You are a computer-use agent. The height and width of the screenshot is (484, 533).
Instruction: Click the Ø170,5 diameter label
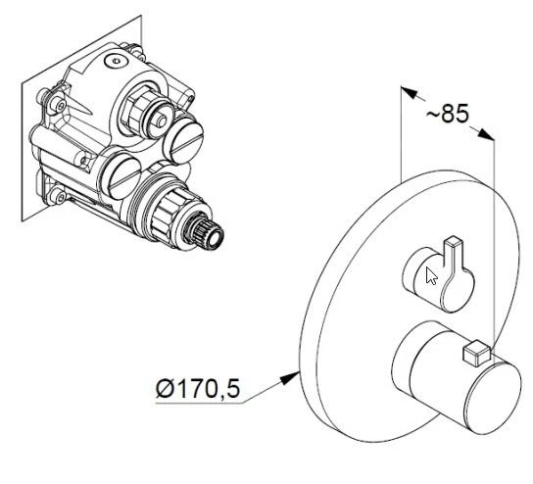[x=197, y=389]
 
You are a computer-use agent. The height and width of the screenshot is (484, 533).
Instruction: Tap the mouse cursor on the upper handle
[x=431, y=274]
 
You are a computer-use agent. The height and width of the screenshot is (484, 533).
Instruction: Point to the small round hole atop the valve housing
[x=116, y=60]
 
